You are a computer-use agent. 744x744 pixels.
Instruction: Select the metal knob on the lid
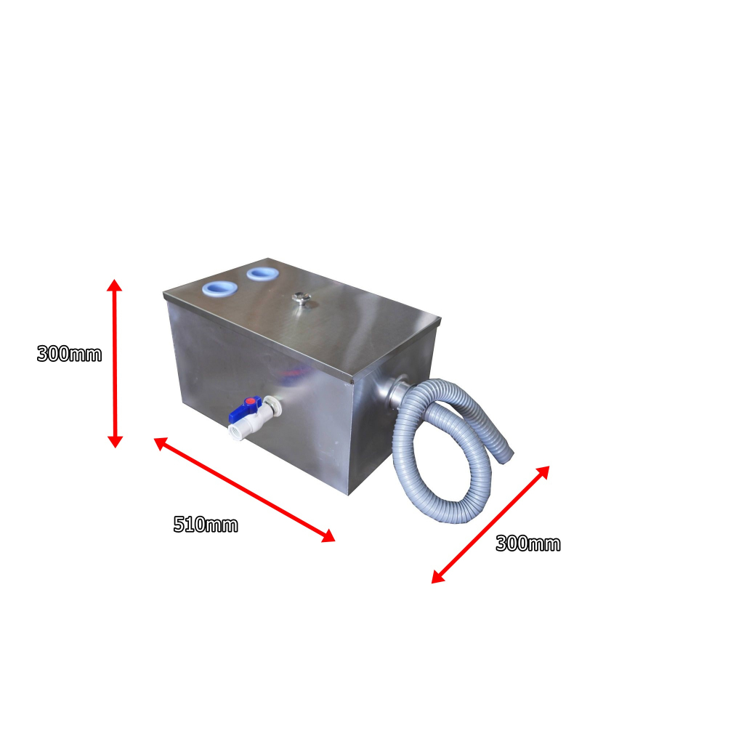point(299,298)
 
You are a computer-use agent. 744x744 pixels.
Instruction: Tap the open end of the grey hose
point(509,455)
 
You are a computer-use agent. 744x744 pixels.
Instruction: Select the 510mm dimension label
point(206,525)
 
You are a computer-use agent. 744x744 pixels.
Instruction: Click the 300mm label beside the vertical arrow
point(69,355)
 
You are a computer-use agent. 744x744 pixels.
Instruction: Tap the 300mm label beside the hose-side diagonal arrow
point(528,543)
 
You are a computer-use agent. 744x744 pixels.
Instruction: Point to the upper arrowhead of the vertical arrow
point(115,284)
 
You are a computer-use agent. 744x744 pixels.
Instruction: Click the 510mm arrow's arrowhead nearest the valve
point(160,442)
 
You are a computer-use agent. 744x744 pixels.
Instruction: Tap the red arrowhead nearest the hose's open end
point(543,472)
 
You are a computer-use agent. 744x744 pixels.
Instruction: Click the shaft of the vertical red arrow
point(115,363)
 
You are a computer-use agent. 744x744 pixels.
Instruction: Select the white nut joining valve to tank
point(271,404)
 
